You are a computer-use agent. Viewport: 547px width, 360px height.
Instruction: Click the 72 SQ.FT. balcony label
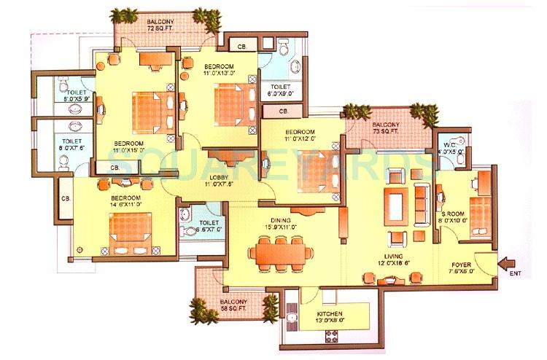pos(160,27)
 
